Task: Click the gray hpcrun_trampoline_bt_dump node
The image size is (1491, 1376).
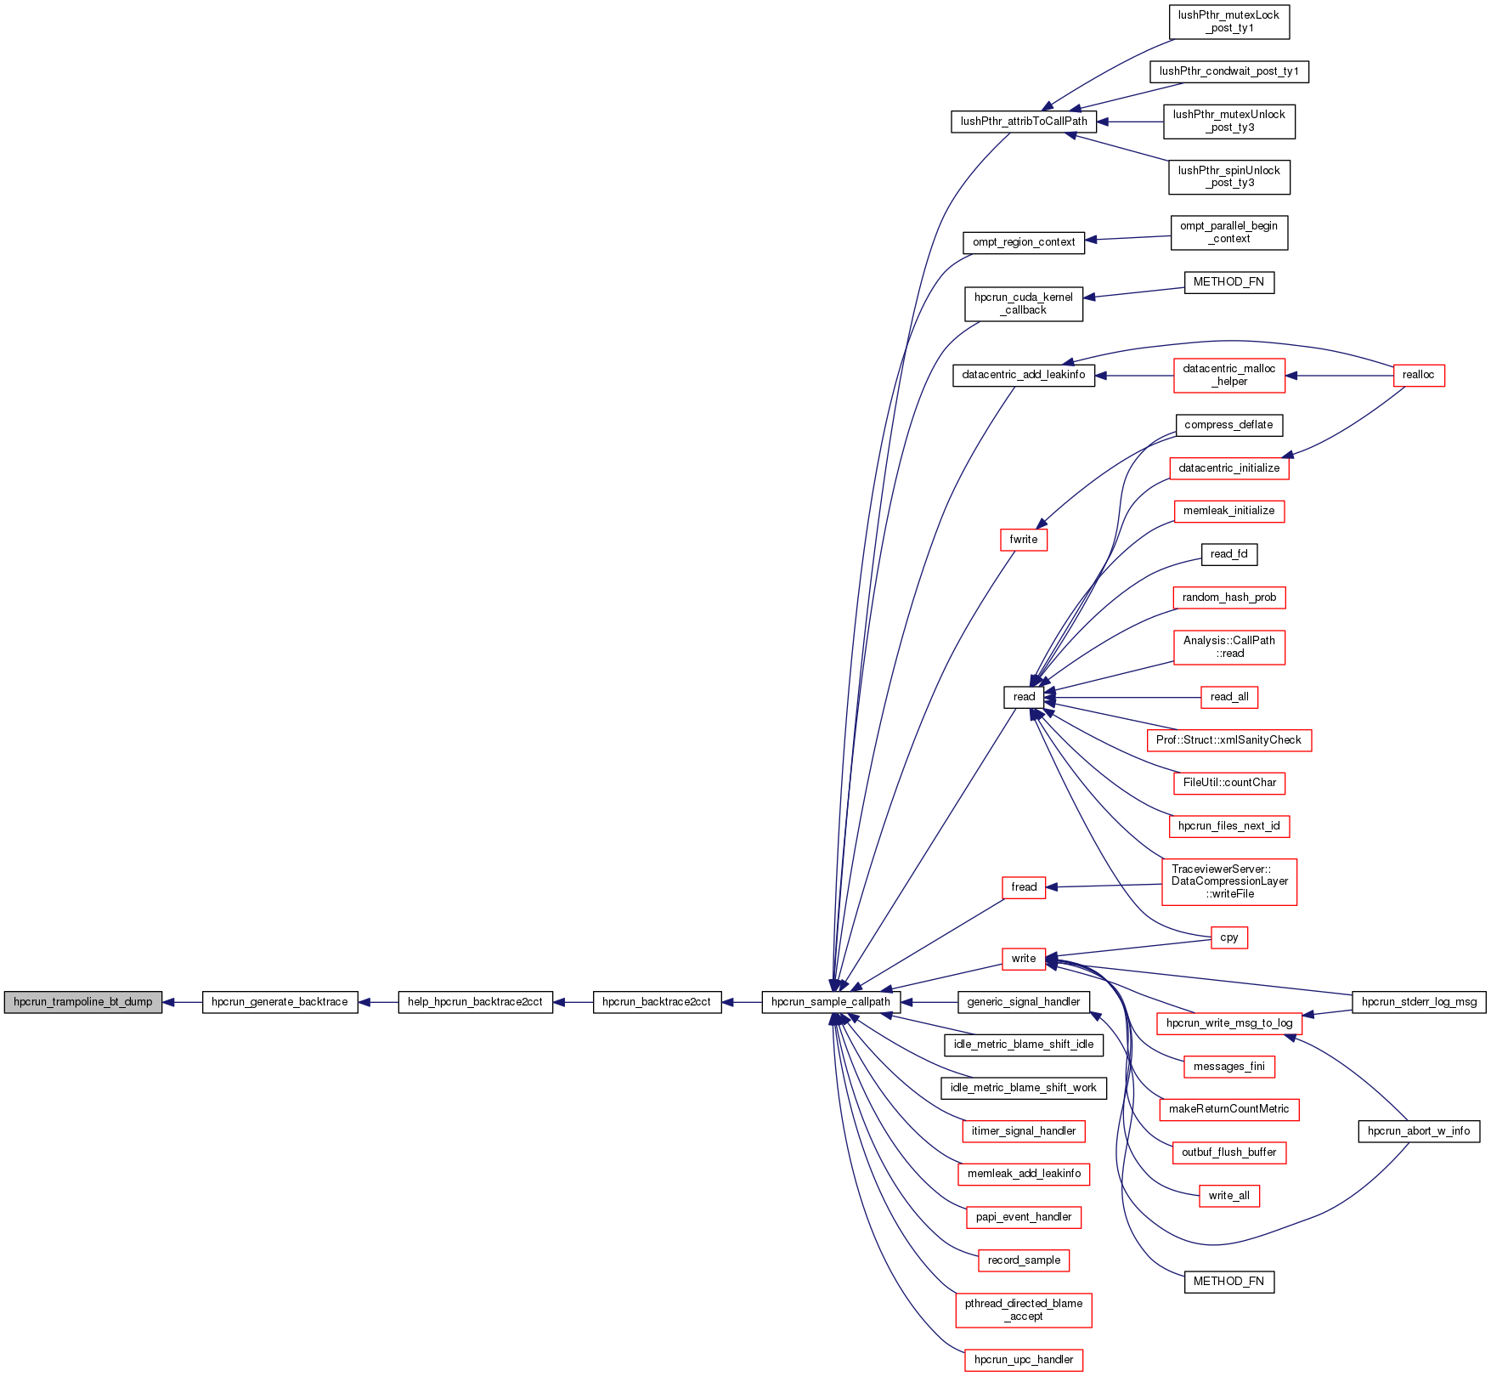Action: pos(82,1002)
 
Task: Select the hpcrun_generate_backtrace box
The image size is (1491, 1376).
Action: pos(280,1002)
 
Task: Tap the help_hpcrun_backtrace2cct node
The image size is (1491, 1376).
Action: pos(475,1002)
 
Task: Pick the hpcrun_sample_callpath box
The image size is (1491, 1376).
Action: pos(830,1002)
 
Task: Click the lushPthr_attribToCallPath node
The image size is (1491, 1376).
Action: pos(1023,122)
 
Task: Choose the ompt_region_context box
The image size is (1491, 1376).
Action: pos(1023,242)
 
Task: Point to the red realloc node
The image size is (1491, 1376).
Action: pos(1418,375)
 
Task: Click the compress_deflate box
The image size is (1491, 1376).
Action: pos(1228,425)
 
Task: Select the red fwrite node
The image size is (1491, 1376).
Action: pos(1023,540)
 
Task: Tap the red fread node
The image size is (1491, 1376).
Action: pos(1023,887)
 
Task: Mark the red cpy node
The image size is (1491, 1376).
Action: pos(1228,937)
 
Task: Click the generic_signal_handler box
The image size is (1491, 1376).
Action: pos(1023,1002)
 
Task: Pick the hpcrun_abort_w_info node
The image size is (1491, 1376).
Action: pos(1418,1131)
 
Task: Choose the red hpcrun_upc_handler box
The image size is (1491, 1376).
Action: pos(1023,1360)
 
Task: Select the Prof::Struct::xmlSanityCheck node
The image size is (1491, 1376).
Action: pos(1228,740)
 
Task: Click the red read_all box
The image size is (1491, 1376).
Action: pos(1228,697)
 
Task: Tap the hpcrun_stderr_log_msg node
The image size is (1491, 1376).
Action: pos(1418,1002)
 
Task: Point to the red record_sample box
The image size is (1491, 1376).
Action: pos(1023,1260)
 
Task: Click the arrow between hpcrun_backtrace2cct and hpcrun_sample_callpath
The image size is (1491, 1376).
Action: pos(742,1002)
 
